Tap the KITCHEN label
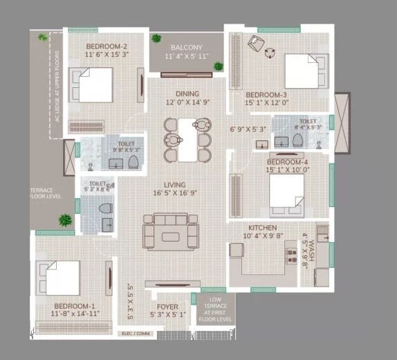[x=263, y=228]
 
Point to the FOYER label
[x=168, y=307]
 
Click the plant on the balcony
[x=219, y=66]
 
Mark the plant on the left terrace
[x=64, y=220]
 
